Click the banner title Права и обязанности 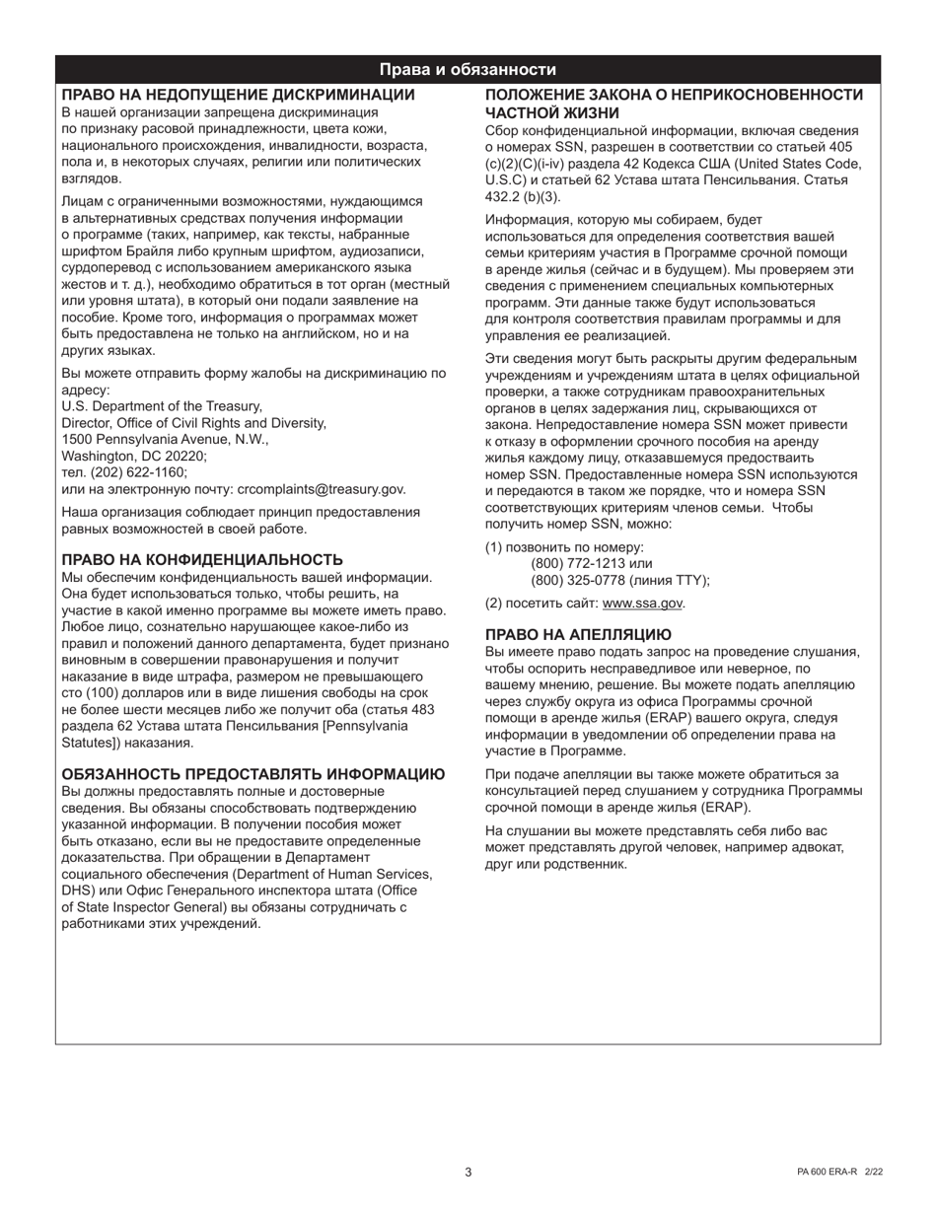(x=468, y=70)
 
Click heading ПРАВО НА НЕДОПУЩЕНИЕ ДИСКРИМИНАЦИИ (x=239, y=95)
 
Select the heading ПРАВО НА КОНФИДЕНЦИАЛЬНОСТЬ (x=202, y=559)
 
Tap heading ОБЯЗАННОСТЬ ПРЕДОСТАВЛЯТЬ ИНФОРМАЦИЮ (x=252, y=774)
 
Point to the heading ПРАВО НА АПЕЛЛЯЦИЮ (x=578, y=634)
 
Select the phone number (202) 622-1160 (x=133, y=472)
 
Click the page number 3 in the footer (x=468, y=1172)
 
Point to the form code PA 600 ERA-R (x=828, y=1172)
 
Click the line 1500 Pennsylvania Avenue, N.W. (x=165, y=439)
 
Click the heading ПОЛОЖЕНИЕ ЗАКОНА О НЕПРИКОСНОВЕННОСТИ (x=674, y=95)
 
